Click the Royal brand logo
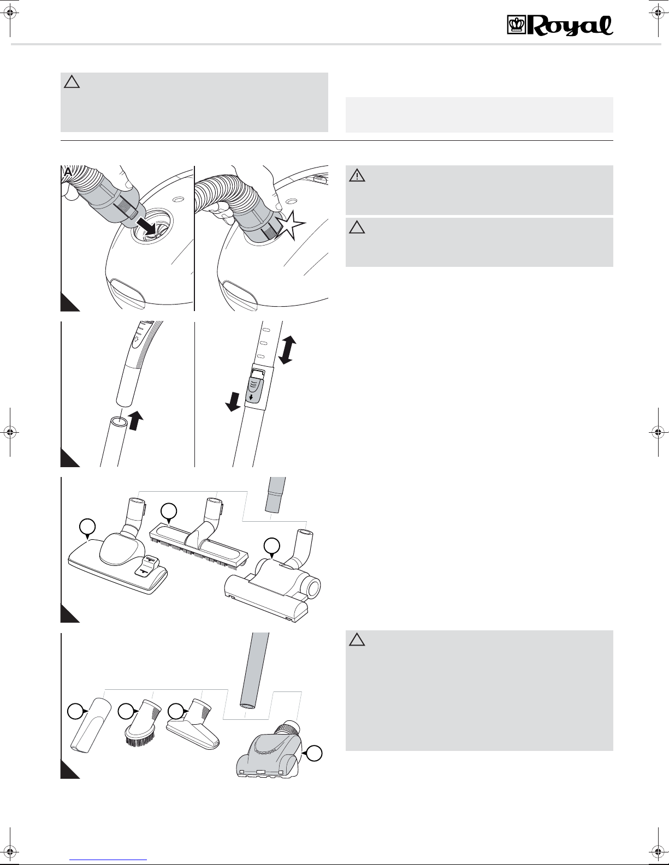pos(560,26)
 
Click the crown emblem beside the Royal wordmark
pos(517,25)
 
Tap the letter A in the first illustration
pos(68,172)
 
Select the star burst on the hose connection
pos(291,225)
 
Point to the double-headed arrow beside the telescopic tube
pos(287,350)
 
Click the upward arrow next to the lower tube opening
pos(136,421)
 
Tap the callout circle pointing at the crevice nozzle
pos(75,712)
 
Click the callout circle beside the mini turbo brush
pos(314,754)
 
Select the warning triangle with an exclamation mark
pos(357,176)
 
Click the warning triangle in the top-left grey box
pos(72,82)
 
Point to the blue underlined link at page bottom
pos(108,860)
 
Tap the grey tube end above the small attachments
pos(254,671)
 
